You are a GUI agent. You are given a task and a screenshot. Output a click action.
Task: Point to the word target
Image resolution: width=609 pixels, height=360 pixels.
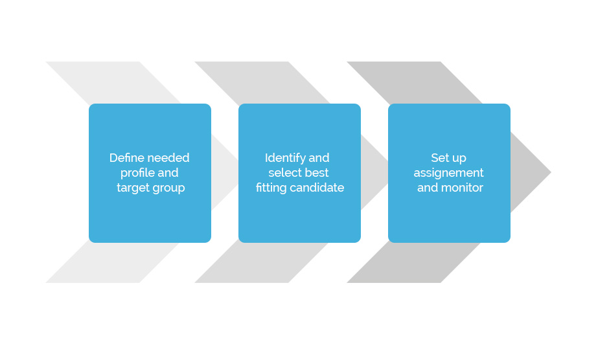[133, 188]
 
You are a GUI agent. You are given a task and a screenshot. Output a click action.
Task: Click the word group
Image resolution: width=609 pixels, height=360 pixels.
[169, 188]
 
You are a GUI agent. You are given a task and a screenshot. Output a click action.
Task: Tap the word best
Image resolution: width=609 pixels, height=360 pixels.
[317, 173]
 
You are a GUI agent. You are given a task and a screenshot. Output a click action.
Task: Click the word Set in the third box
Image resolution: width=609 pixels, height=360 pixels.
[439, 158]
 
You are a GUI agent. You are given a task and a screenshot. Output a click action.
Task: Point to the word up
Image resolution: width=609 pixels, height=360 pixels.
[459, 159]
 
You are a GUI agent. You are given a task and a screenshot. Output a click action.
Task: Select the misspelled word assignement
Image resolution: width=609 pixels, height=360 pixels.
[448, 174]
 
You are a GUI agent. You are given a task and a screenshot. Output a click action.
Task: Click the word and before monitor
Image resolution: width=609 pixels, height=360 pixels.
[428, 188]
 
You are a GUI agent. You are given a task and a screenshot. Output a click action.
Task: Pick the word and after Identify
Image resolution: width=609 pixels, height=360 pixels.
[319, 158]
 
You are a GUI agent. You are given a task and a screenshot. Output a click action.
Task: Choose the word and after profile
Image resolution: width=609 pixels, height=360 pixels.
[168, 173]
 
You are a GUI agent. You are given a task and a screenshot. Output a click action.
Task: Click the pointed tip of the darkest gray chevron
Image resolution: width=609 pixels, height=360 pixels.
[550, 172]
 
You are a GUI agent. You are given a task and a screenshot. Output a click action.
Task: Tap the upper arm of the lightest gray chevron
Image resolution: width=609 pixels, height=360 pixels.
[113, 82]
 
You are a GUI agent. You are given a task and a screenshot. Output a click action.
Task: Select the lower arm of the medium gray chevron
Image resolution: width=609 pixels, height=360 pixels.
[261, 262]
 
